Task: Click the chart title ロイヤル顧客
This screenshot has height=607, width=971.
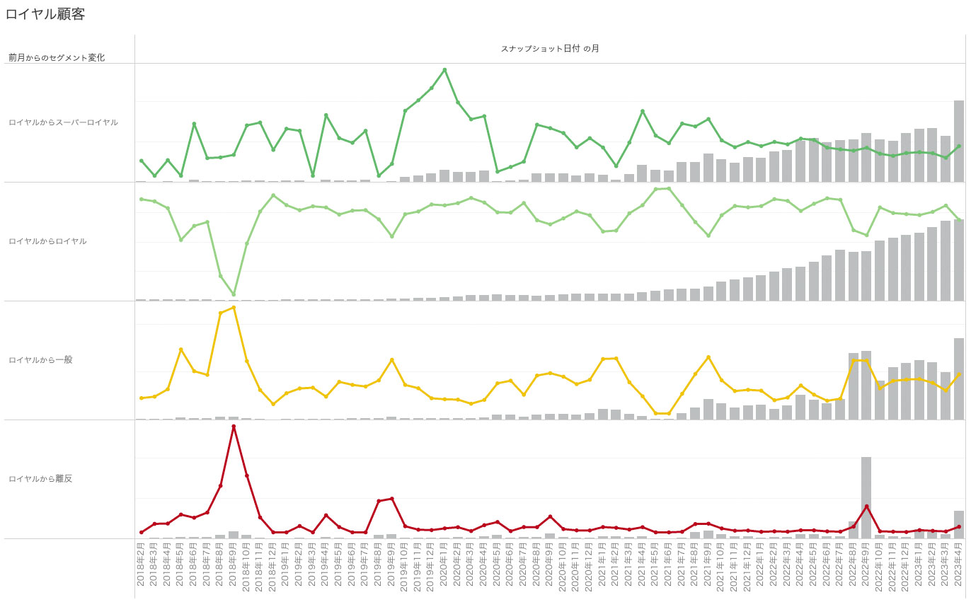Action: (x=46, y=13)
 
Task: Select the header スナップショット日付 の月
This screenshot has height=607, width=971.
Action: (x=550, y=48)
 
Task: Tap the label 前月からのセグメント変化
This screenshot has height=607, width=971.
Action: (x=57, y=57)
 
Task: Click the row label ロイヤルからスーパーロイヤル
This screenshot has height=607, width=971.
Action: (x=63, y=122)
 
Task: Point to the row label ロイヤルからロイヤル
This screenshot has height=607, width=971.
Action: (x=47, y=241)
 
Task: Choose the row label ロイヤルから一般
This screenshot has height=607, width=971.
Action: (x=40, y=360)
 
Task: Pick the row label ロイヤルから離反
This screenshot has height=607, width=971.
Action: (x=40, y=479)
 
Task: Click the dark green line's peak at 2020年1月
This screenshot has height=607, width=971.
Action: (x=444, y=69)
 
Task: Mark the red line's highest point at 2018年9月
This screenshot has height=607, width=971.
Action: (x=234, y=426)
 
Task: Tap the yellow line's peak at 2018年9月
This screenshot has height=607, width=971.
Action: (x=234, y=307)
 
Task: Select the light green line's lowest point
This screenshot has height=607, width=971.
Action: (x=234, y=294)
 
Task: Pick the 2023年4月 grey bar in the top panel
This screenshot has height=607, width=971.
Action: (x=958, y=141)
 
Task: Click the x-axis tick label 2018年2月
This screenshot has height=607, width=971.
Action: (x=141, y=567)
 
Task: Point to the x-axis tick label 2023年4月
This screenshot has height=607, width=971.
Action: (x=958, y=567)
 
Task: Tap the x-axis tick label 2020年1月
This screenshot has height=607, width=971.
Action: (x=444, y=567)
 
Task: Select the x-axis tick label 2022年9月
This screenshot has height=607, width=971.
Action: (x=866, y=567)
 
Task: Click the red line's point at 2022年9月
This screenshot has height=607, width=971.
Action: (x=866, y=506)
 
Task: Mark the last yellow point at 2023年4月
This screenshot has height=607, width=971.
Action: (x=958, y=374)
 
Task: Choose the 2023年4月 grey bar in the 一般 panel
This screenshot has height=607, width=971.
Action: (x=958, y=378)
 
